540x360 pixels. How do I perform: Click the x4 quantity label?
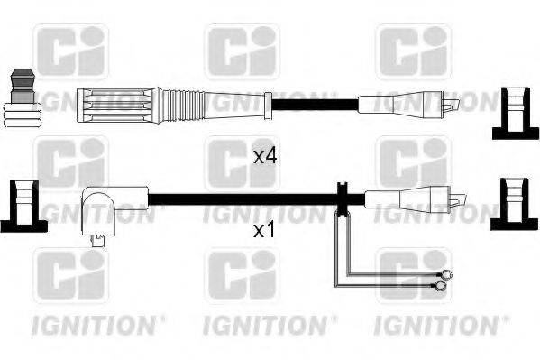[263, 156]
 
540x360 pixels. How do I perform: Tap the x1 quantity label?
[263, 231]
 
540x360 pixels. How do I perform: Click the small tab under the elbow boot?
[97, 240]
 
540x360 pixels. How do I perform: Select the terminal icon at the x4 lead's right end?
[509, 115]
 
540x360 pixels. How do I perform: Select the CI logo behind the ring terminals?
[412, 275]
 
